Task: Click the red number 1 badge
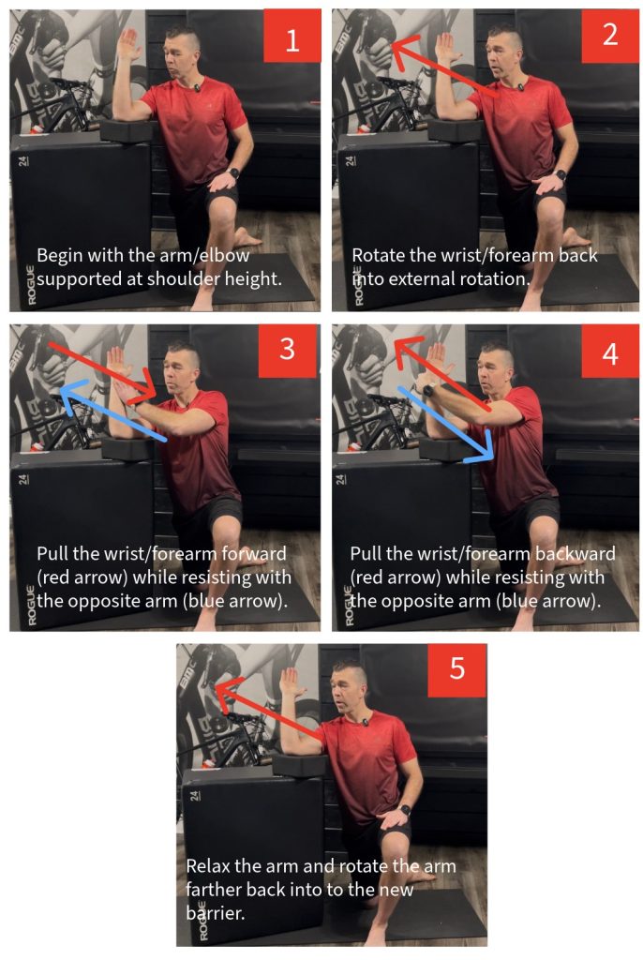coord(292,35)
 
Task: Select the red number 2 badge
coord(610,36)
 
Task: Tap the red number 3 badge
coord(287,351)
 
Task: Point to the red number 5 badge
coord(456,669)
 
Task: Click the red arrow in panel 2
coord(445,67)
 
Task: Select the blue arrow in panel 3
coord(112,411)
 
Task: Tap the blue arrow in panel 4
coord(446,424)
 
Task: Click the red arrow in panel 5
coord(268,710)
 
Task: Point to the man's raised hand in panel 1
coord(128,44)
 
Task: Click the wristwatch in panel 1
coord(232,172)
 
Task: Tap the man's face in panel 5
coord(347,691)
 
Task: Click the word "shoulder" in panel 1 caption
coord(183,279)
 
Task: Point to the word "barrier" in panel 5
coord(213,913)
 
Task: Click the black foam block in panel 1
coord(127,130)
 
